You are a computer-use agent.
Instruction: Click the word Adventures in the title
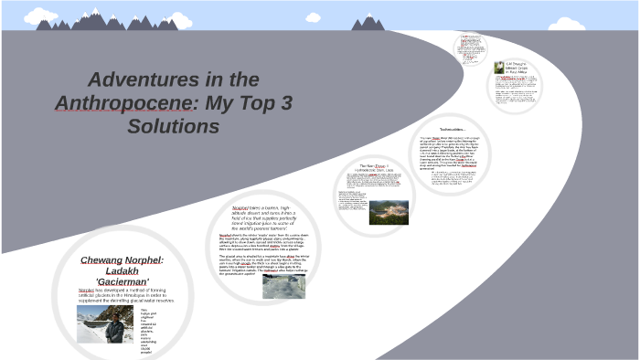[136, 79]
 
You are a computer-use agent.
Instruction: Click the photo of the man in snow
[105, 323]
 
